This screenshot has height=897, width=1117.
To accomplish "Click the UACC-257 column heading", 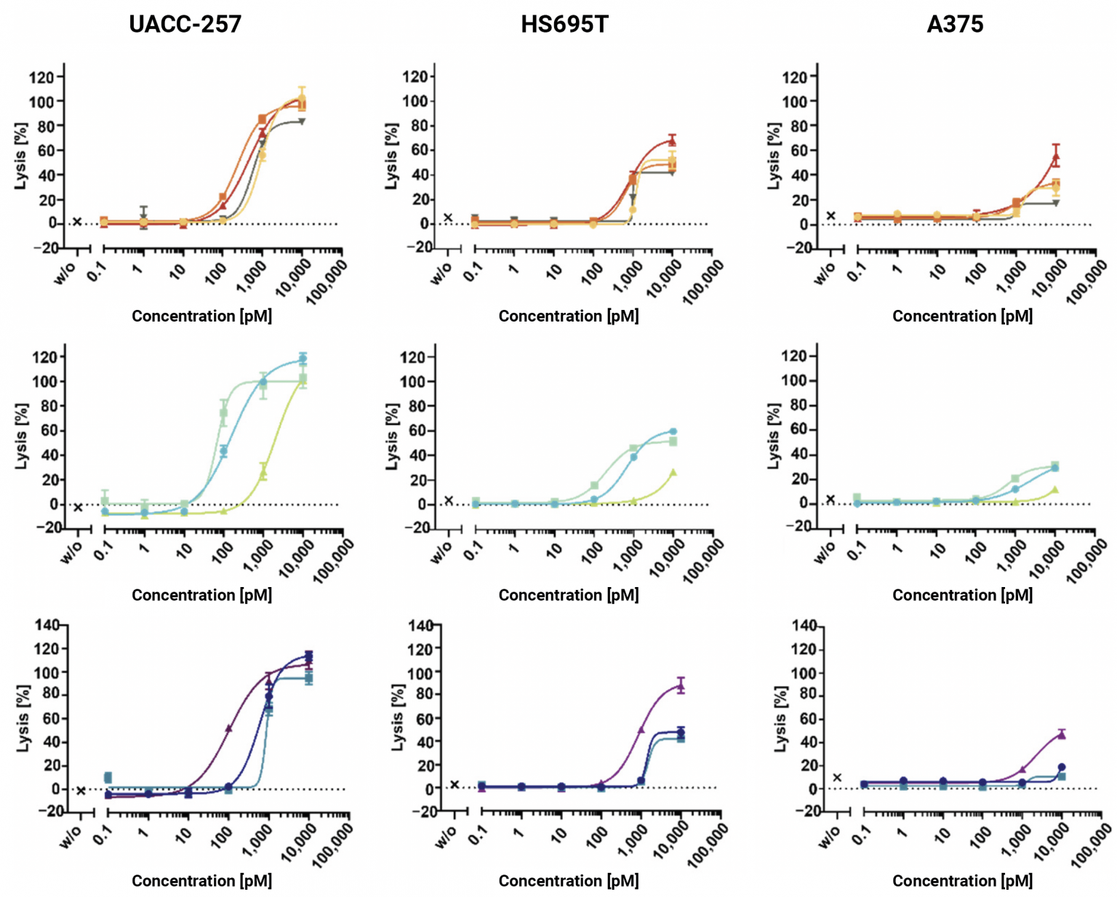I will (185, 24).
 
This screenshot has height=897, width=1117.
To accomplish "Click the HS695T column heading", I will (564, 24).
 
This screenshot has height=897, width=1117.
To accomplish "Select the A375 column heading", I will (954, 24).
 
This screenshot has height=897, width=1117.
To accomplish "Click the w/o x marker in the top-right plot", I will (830, 216).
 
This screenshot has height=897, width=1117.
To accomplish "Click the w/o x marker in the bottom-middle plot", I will (455, 784).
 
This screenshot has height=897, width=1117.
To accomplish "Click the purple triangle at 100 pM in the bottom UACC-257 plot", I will (228, 727).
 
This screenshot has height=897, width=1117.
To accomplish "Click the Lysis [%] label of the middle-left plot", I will (21, 436).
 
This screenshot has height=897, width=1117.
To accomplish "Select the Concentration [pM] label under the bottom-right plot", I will (962, 880).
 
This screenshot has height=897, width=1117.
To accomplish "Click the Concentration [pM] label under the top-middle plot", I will (568, 316).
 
